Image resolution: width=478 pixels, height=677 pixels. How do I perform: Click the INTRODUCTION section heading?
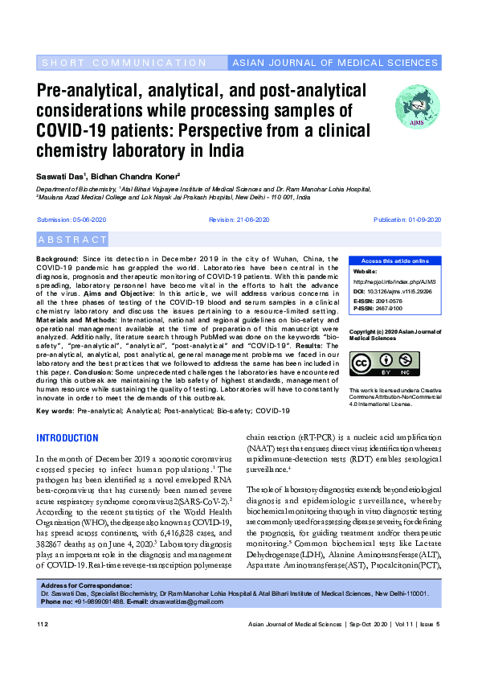pyautogui.click(x=67, y=438)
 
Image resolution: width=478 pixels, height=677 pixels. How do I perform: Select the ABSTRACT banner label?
pyautogui.click(x=72, y=240)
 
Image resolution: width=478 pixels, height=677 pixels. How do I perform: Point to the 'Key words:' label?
pyautogui.click(x=55, y=411)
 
